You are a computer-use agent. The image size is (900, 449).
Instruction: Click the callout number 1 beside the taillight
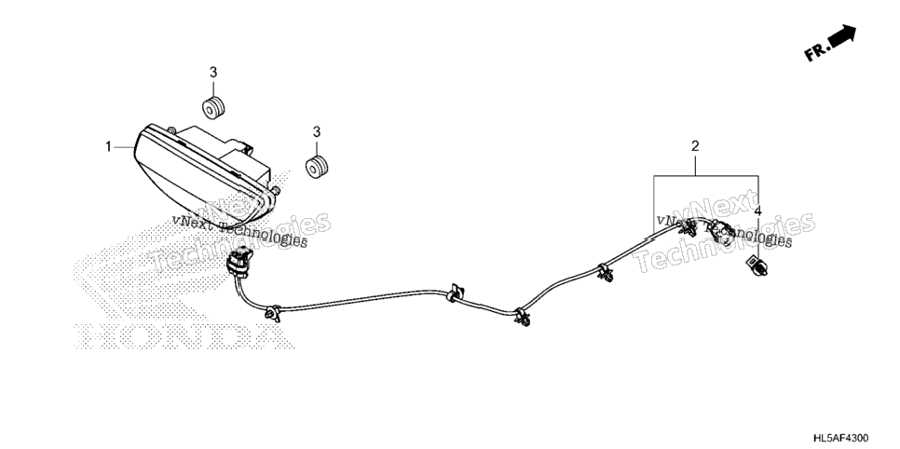tap(108, 147)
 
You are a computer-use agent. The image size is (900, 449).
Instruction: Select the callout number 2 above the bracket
tap(695, 146)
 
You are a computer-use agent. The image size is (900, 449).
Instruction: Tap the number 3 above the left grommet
tap(213, 73)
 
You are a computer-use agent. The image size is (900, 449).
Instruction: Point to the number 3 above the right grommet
tap(316, 132)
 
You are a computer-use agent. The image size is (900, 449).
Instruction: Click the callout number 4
tap(757, 211)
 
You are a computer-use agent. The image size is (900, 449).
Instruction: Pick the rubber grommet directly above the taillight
tap(213, 108)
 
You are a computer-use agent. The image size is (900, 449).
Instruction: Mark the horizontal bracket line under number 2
tap(706, 176)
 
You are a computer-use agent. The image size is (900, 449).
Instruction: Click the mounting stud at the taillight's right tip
tap(276, 190)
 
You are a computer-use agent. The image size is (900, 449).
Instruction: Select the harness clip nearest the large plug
tap(272, 313)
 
